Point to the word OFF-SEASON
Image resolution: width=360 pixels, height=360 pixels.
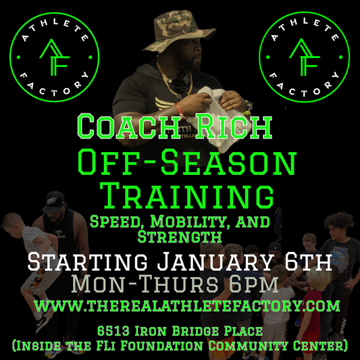coord(186,164)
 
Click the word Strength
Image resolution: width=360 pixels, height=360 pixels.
coord(180,236)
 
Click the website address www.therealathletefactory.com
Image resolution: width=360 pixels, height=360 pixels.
coord(186,305)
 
